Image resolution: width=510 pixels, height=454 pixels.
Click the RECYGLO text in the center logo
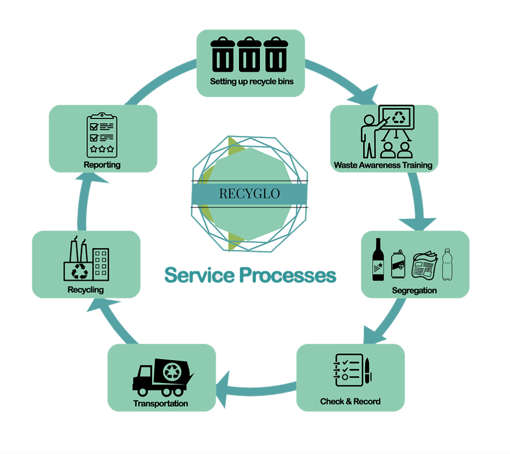(x=250, y=194)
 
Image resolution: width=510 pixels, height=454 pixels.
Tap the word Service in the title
(x=199, y=275)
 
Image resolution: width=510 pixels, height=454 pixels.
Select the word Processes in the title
(x=288, y=275)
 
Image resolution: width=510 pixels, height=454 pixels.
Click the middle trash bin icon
(x=249, y=54)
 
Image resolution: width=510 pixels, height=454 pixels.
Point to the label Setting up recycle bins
(x=252, y=81)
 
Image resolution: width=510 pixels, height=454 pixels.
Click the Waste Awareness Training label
(x=383, y=165)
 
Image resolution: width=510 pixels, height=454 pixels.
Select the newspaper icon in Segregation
(x=425, y=265)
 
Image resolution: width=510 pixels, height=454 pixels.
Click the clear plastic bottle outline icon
(x=447, y=265)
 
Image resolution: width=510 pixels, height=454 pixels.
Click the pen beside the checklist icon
(x=368, y=370)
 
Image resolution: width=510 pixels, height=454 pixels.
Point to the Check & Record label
(x=350, y=402)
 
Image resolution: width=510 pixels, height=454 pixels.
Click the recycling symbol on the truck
(x=172, y=372)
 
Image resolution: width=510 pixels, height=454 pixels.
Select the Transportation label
(x=161, y=404)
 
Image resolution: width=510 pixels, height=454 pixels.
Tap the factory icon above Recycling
(x=86, y=259)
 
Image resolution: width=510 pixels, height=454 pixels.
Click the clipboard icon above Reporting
(x=102, y=135)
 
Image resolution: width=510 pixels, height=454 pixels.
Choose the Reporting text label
(x=102, y=165)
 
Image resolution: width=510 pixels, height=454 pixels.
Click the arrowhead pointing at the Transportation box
(x=223, y=389)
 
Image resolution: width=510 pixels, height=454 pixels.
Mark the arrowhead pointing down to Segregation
(x=417, y=224)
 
